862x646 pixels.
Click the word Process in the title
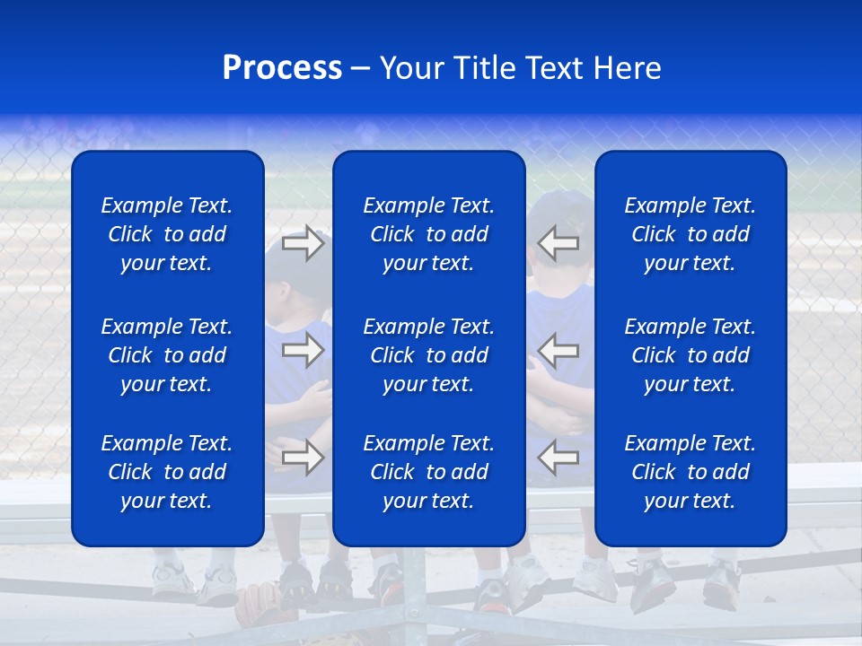(282, 68)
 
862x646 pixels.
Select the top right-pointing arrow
(303, 243)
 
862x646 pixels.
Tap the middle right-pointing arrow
(303, 350)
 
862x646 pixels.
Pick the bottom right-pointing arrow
(303, 458)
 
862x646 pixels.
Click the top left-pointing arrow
(559, 243)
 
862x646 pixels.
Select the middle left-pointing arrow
(559, 350)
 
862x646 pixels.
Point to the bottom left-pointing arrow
(559, 458)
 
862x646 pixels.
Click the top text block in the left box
(167, 234)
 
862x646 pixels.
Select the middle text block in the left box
(167, 355)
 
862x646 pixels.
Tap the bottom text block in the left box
(167, 472)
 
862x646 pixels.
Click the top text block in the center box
(428, 234)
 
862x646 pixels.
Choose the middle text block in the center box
(428, 355)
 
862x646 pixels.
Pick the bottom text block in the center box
(428, 472)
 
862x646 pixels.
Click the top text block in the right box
(690, 234)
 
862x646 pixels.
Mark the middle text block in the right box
(690, 355)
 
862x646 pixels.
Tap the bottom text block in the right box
(690, 472)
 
